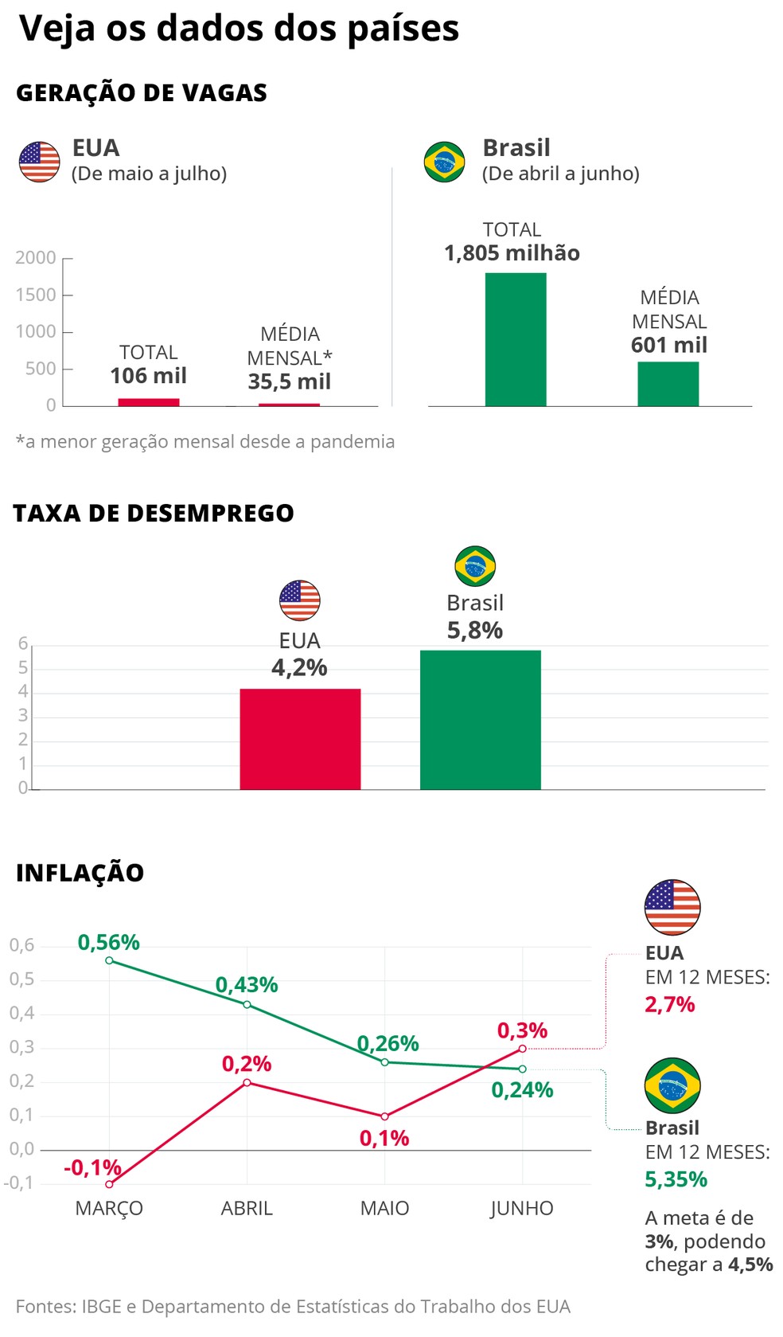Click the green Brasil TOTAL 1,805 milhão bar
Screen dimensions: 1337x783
[x=515, y=339]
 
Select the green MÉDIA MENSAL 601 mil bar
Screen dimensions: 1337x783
[x=668, y=384]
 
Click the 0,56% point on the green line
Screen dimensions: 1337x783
[x=109, y=960]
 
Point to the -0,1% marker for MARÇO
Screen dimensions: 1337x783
[x=109, y=1184]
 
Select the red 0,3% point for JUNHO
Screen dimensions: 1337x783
[x=522, y=1048]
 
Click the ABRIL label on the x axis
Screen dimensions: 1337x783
[x=247, y=1208]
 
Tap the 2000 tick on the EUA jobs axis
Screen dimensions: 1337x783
[x=36, y=258]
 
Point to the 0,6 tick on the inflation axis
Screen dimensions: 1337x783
[x=22, y=945]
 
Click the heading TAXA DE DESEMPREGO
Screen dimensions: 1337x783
[x=154, y=514]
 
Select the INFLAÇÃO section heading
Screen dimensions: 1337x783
[x=80, y=873]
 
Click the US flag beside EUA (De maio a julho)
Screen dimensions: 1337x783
[x=40, y=162]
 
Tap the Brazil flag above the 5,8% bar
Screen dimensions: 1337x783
[x=475, y=566]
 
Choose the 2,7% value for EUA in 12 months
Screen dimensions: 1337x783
[x=669, y=1004]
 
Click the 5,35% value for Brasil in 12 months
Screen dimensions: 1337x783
[x=676, y=1179]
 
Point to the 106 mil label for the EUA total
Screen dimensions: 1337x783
[x=148, y=376]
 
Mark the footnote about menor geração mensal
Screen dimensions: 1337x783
[x=205, y=442]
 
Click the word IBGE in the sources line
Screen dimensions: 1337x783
[x=99, y=1307]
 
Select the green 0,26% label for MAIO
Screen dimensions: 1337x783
[x=388, y=1043]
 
